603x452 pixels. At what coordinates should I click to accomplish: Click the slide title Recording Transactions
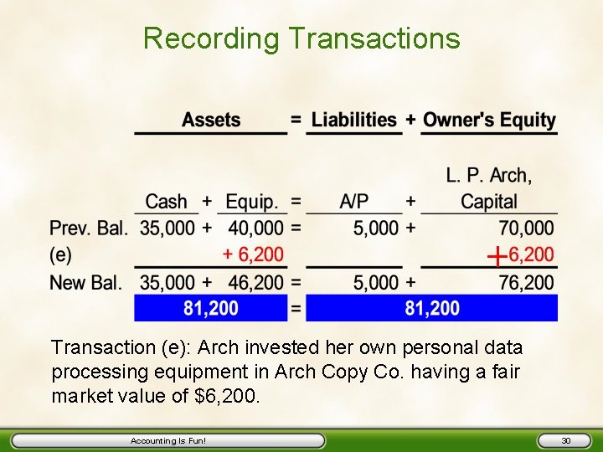pyautogui.click(x=301, y=39)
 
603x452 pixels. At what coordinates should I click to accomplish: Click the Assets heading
pyautogui.click(x=211, y=120)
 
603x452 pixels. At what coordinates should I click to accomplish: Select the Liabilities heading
pyautogui.click(x=354, y=120)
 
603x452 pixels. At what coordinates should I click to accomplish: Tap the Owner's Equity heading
pyautogui.click(x=489, y=120)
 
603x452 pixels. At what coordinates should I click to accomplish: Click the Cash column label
pyautogui.click(x=166, y=202)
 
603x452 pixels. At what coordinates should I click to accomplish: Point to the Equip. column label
pyautogui.click(x=252, y=202)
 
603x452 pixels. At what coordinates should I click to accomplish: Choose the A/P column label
pyautogui.click(x=353, y=202)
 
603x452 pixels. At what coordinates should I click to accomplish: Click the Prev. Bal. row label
pyautogui.click(x=88, y=228)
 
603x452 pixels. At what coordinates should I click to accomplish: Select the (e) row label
pyautogui.click(x=60, y=254)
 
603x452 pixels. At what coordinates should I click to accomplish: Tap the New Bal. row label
pyautogui.click(x=85, y=282)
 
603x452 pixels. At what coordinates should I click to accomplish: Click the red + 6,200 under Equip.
pyautogui.click(x=253, y=254)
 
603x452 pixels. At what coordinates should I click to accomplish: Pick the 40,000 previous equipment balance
pyautogui.click(x=255, y=228)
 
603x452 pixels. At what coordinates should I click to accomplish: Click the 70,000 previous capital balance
pyautogui.click(x=526, y=228)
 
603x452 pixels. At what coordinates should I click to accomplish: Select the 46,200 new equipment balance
pyautogui.click(x=255, y=282)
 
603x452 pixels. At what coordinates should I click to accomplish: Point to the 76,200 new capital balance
pyautogui.click(x=526, y=282)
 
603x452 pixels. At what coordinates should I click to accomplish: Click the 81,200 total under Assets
pyautogui.click(x=211, y=309)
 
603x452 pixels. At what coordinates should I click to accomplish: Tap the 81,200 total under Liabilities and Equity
pyautogui.click(x=432, y=309)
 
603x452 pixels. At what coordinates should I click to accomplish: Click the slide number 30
pyautogui.click(x=565, y=440)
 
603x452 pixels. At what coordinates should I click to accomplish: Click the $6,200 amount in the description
pyautogui.click(x=227, y=395)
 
